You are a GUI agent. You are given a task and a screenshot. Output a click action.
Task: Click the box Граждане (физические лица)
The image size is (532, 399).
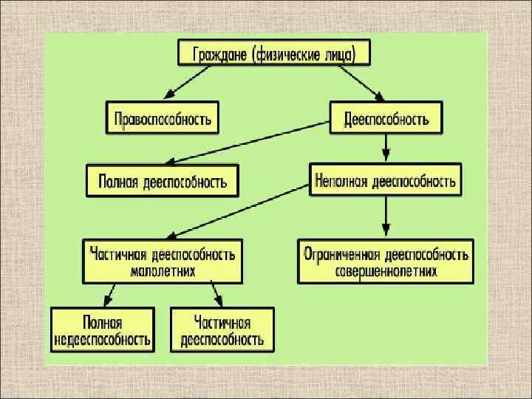(273, 54)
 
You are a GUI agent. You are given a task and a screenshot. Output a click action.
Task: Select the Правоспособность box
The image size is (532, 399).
(163, 117)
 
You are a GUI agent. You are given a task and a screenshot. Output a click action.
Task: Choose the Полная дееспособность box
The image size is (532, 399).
(163, 180)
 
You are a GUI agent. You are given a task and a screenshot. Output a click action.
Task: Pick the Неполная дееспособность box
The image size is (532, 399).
(385, 180)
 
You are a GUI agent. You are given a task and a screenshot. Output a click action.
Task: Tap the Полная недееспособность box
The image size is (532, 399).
(102, 330)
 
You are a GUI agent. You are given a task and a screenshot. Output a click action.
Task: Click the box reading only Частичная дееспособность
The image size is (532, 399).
(222, 330)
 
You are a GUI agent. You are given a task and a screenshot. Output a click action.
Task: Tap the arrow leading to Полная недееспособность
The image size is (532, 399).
(110, 296)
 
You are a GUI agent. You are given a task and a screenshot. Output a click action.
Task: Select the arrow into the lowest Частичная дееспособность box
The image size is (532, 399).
(216, 296)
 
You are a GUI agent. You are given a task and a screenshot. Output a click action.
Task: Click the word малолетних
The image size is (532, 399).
(162, 271)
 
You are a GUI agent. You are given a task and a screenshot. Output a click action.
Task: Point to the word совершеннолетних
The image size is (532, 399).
(385, 271)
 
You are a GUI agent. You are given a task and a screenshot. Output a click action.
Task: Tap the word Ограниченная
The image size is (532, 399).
(341, 255)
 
